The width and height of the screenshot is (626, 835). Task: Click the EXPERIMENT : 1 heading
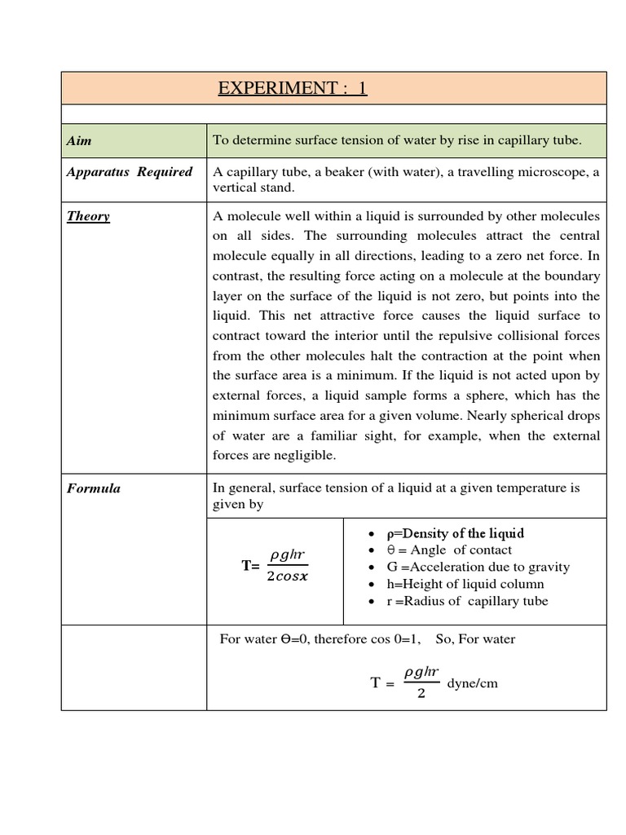[292, 88]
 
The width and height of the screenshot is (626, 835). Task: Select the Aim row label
[78, 141]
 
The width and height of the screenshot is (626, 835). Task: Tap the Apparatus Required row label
[130, 172]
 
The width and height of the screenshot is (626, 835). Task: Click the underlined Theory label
[88, 217]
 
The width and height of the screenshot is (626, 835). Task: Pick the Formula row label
[93, 488]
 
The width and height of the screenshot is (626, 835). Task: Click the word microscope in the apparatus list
[554, 172]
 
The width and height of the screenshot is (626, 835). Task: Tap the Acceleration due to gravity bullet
[469, 568]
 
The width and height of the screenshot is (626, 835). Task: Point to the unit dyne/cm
[472, 683]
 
